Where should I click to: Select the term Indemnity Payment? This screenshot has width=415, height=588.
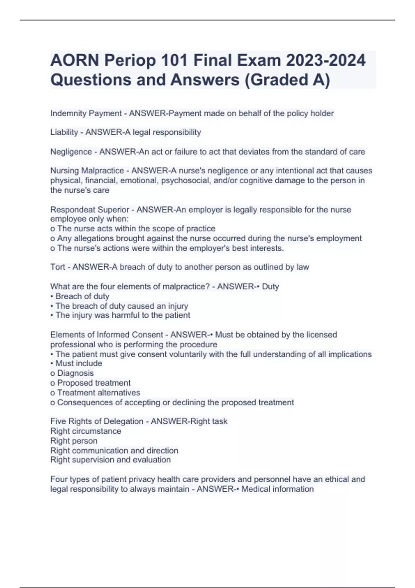86,113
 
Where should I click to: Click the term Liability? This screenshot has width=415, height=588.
64,132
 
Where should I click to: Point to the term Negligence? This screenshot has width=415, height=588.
71,152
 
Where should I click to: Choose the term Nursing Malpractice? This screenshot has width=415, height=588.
87,171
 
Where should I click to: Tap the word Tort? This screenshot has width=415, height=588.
57,267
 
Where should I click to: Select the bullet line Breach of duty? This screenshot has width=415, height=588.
82,296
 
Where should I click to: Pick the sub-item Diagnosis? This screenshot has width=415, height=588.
75,373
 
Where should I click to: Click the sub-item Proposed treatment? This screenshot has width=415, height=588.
93,383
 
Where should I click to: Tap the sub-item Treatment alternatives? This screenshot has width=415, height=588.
98,393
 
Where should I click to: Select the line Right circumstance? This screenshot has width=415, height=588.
86,431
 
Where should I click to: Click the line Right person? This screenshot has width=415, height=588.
74,441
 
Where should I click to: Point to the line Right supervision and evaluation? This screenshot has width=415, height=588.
110,460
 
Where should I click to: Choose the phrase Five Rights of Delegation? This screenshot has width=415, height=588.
96,421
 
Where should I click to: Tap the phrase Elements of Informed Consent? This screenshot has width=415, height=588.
107,335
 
